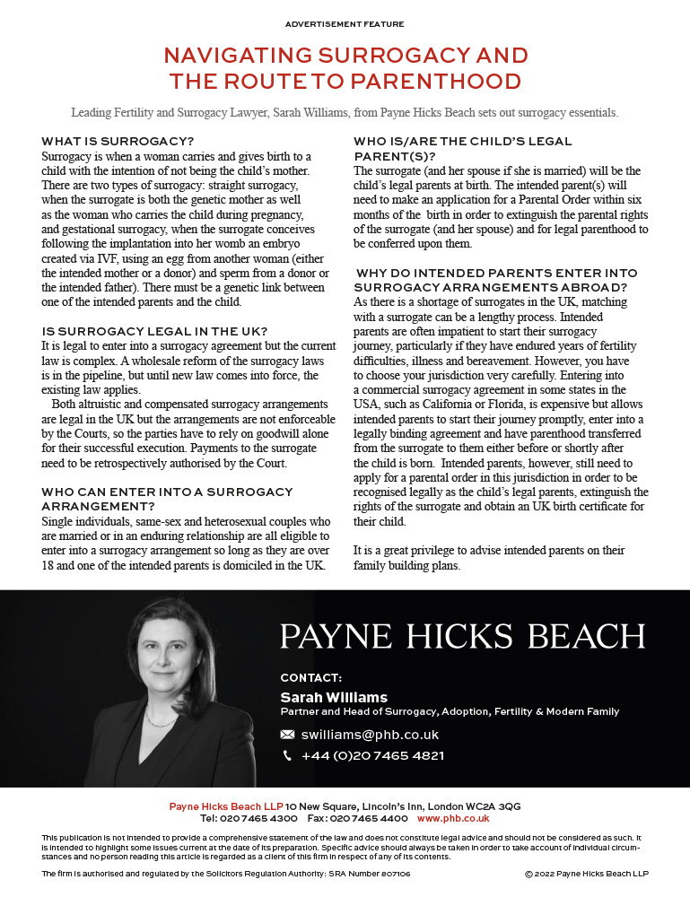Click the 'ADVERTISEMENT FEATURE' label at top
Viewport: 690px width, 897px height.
345,24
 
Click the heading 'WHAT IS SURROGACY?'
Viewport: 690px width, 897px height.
118,142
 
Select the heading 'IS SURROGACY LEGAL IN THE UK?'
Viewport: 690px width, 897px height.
155,332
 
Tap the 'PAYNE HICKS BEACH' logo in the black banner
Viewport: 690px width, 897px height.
462,636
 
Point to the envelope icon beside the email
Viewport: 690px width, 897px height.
287,735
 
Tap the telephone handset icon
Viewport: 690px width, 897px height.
287,756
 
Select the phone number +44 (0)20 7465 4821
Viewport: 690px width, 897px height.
372,756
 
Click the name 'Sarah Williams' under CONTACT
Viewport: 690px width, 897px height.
334,697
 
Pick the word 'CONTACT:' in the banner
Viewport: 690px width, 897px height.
310,677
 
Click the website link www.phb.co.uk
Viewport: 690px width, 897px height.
453,818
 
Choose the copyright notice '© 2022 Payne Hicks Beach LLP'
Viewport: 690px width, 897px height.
585,874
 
